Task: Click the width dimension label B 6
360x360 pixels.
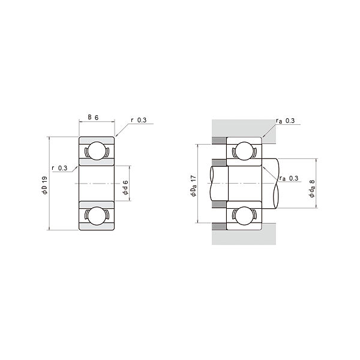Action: (93, 118)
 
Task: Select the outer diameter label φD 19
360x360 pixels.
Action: (44, 185)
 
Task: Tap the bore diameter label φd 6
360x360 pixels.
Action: (125, 188)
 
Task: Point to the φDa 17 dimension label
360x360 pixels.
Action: (194, 186)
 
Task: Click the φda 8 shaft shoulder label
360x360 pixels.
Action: (312, 188)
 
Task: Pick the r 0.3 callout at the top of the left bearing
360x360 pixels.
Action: (139, 120)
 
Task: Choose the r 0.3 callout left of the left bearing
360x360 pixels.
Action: (59, 168)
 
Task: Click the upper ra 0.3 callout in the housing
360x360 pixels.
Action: (286, 121)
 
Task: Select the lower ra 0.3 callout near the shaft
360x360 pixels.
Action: (289, 178)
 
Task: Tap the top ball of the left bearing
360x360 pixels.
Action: (97, 151)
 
